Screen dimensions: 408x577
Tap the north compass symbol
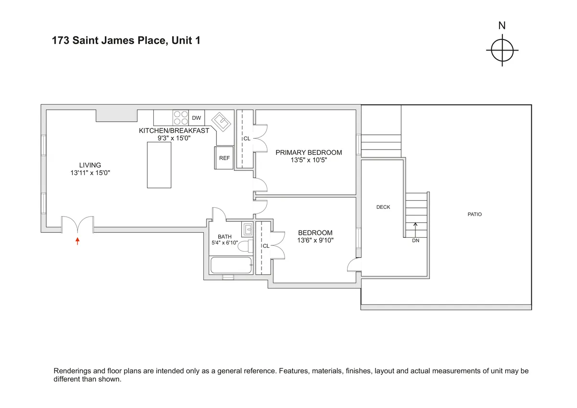point(502,50)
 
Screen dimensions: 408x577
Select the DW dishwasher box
point(196,118)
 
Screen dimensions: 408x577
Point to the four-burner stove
point(181,118)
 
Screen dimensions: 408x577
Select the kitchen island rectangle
point(159,165)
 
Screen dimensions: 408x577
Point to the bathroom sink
point(247,229)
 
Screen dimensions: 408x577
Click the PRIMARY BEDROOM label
point(309,153)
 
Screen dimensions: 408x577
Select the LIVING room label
point(90,165)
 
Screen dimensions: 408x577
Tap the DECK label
point(383,207)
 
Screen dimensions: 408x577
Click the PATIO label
point(475,215)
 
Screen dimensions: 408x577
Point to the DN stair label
point(415,241)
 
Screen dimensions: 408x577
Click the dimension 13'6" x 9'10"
point(315,241)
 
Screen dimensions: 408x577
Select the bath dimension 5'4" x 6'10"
point(225,243)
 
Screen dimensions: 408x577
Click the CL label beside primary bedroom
point(247,139)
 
